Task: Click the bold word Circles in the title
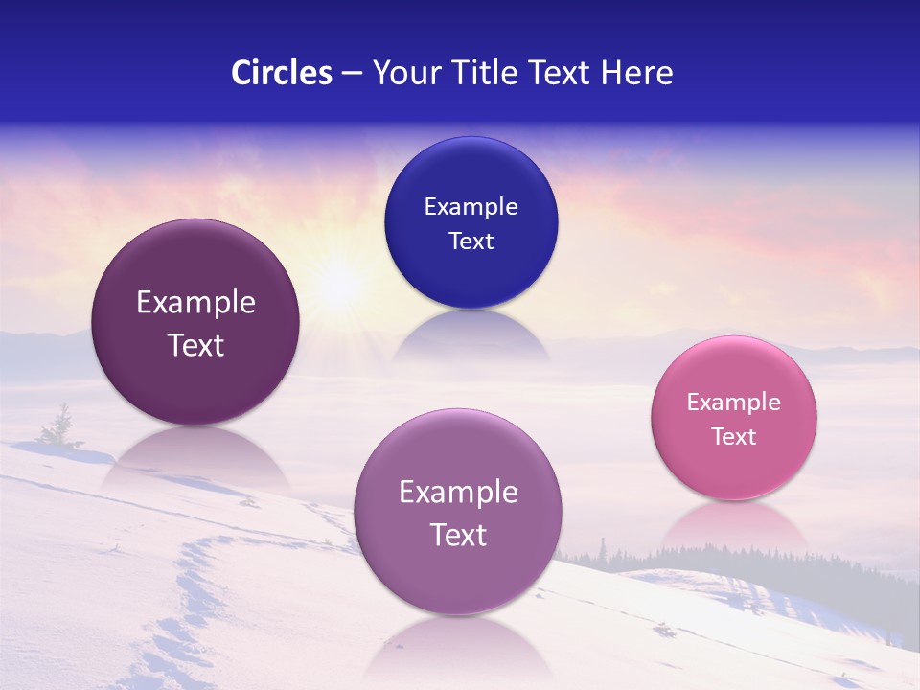[x=282, y=73]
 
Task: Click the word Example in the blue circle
[x=471, y=207]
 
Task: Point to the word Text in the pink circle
[x=734, y=437]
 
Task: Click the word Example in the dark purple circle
[x=195, y=303]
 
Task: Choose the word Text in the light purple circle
[x=458, y=535]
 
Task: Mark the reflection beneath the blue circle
[x=471, y=335]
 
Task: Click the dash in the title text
[x=352, y=73]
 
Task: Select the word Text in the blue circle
[x=471, y=241]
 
